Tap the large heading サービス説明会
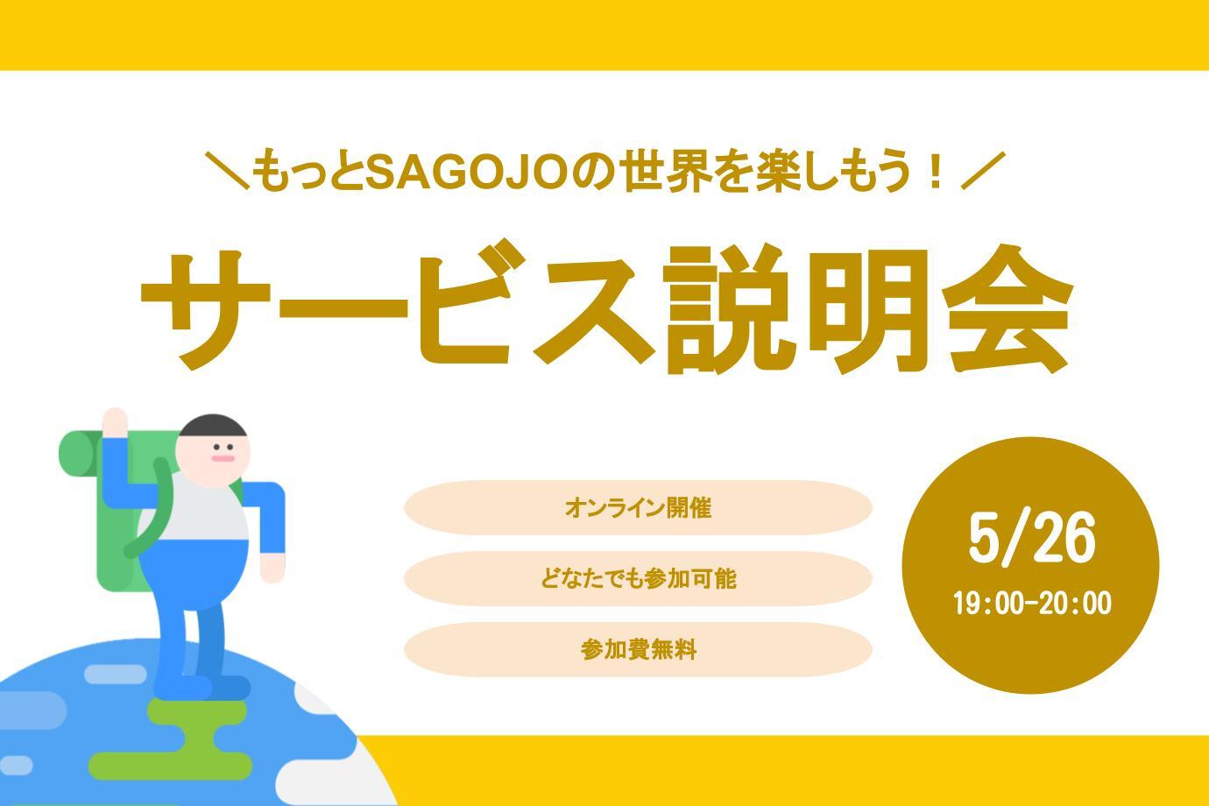(606, 307)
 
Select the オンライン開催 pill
(638, 508)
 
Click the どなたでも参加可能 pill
(638, 579)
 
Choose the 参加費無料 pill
(638, 649)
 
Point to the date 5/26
(1032, 539)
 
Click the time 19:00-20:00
(1032, 603)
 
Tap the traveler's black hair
(213, 426)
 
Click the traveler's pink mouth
(223, 459)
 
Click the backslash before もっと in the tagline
(227, 171)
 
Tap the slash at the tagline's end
(983, 171)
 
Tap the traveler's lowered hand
(272, 568)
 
